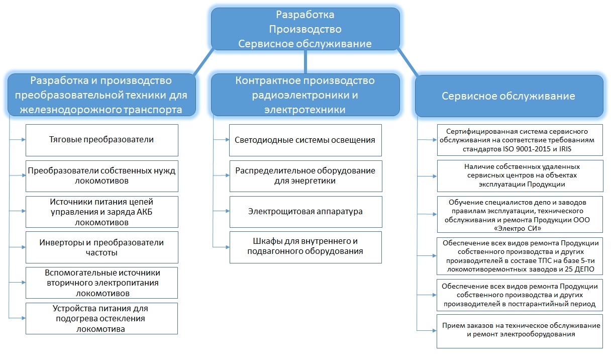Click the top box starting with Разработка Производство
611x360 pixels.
point(305,29)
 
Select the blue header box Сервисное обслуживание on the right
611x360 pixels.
point(508,96)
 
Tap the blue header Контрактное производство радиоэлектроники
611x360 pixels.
point(305,95)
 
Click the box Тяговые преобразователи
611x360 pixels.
point(101,140)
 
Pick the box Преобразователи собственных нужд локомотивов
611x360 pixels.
point(101,175)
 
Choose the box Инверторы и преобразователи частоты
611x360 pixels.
point(101,247)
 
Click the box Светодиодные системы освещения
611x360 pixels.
point(305,140)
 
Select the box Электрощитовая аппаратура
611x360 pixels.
point(305,211)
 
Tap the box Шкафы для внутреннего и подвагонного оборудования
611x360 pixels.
point(305,247)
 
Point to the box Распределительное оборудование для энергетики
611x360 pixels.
point(305,175)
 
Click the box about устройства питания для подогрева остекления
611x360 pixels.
point(101,318)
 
